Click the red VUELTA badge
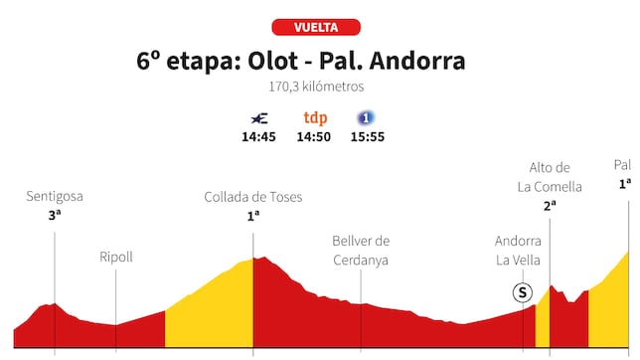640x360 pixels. [x=315, y=27]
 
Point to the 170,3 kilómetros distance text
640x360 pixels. [x=315, y=88]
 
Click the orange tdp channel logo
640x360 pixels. [x=315, y=118]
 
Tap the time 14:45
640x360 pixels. [x=258, y=137]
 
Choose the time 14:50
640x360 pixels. [x=314, y=137]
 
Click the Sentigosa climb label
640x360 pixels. [x=54, y=197]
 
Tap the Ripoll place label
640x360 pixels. [x=116, y=258]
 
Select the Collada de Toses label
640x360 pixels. [x=253, y=197]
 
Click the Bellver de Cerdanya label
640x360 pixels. [x=361, y=250]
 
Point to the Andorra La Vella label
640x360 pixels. [x=519, y=250]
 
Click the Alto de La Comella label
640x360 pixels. [x=550, y=177]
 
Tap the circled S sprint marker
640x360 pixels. [x=522, y=292]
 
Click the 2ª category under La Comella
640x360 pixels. [x=550, y=206]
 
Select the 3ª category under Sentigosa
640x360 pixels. [x=54, y=214]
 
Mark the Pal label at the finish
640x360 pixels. [x=623, y=165]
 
